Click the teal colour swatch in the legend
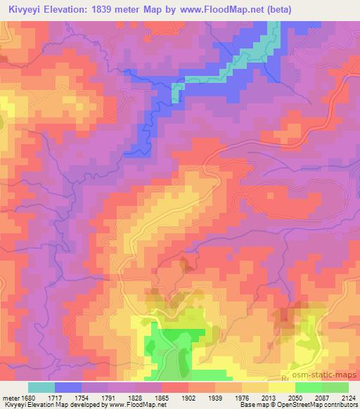(41, 387)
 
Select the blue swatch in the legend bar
(68, 387)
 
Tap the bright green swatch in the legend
(308, 387)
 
